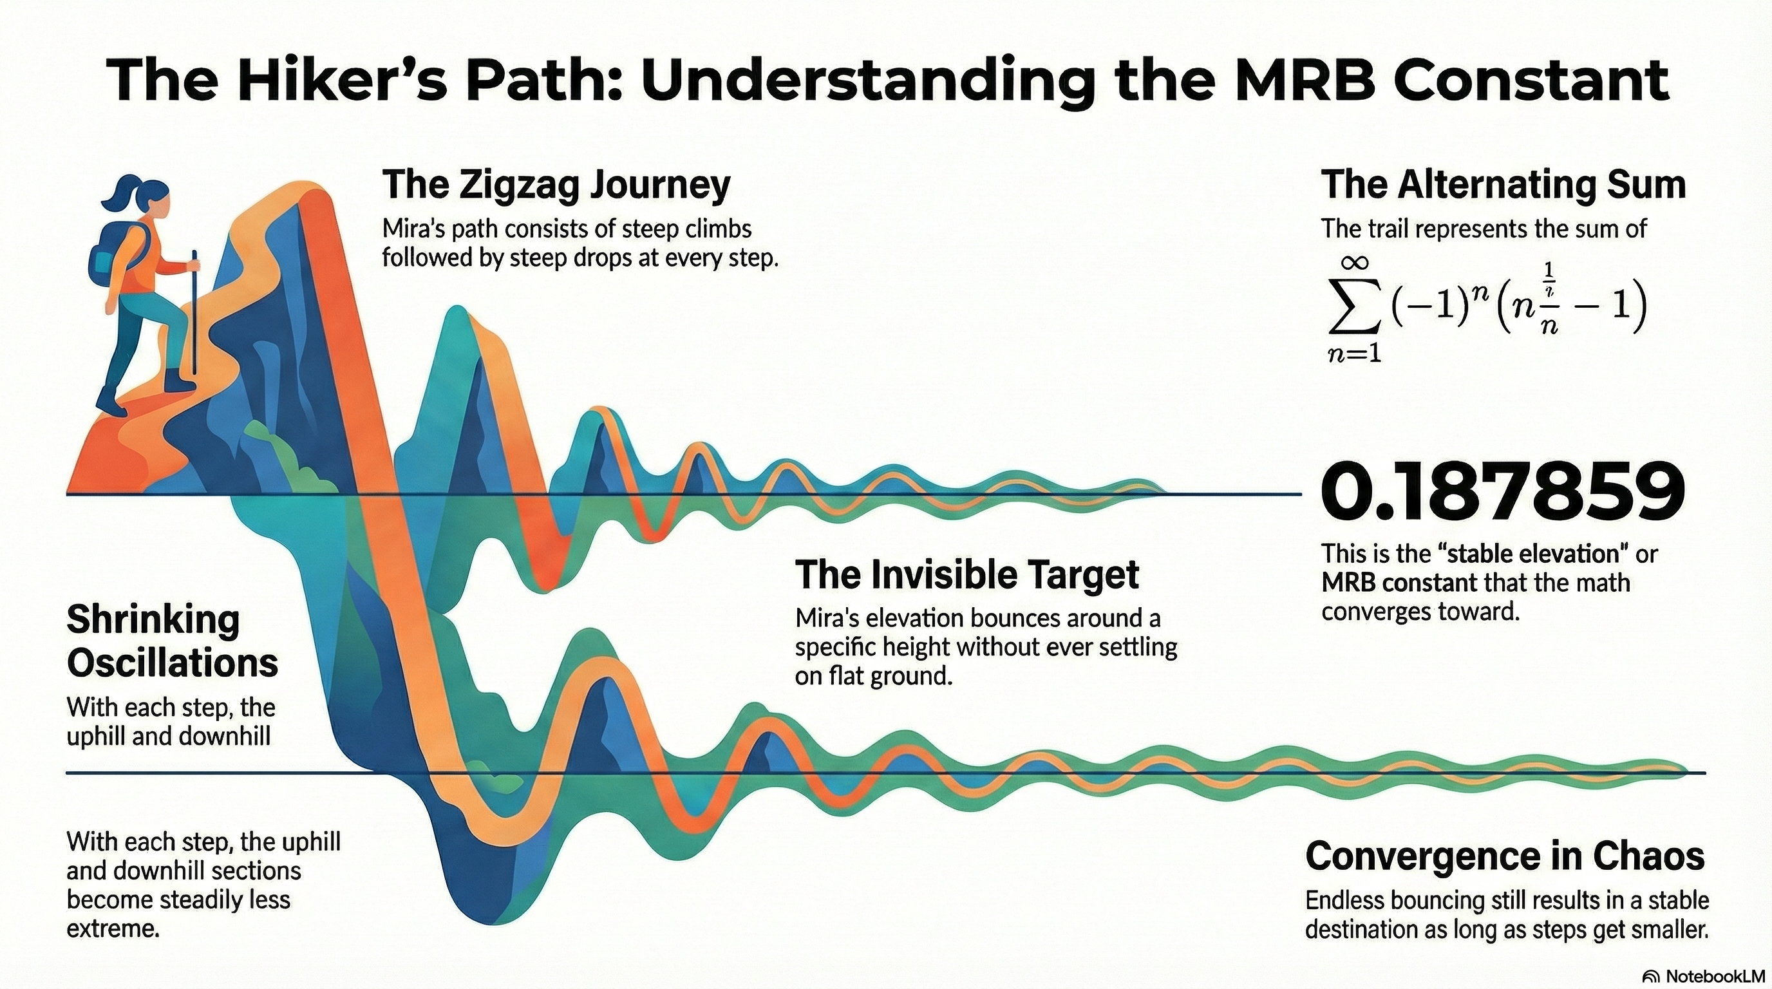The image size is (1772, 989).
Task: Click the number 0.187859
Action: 1503,493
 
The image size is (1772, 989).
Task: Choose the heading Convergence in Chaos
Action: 1505,857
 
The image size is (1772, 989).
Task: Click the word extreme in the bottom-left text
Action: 113,929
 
